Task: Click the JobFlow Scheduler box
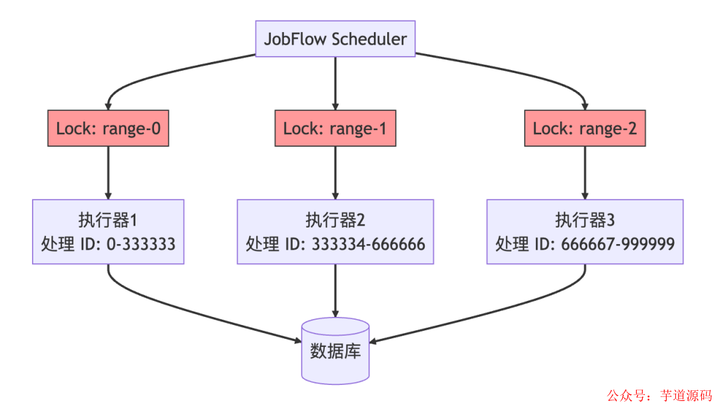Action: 335,39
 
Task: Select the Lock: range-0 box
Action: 108,128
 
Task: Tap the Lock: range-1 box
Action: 335,128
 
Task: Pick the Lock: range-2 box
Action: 585,128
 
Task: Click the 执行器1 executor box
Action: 108,231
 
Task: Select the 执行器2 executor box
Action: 335,231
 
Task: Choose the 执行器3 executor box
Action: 585,231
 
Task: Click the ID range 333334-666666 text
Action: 368,244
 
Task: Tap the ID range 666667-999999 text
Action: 618,244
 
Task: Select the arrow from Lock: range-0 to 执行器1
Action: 108,172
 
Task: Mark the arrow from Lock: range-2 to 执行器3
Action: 585,172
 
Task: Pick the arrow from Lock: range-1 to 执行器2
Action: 335,172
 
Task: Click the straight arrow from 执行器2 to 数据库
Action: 335,290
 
